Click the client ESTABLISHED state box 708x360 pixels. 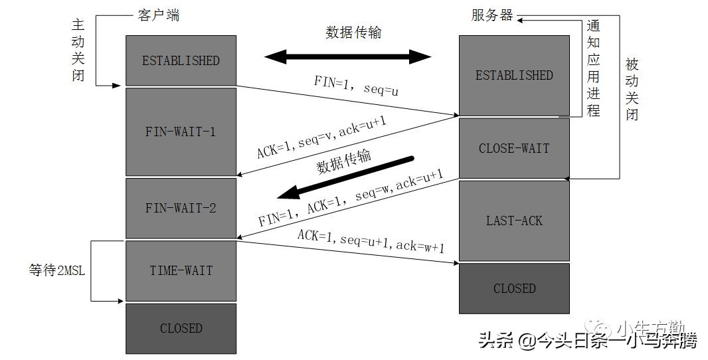[x=181, y=60]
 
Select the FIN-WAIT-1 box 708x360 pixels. [x=181, y=132]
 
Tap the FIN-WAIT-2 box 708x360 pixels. [x=181, y=208]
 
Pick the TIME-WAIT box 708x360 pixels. [x=181, y=270]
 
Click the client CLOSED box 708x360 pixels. [x=181, y=328]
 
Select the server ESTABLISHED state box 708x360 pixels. [x=514, y=75]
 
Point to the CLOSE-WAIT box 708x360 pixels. [x=514, y=148]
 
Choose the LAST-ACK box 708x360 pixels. [x=514, y=220]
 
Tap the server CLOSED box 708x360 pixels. [x=514, y=288]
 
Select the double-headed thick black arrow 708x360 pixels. [x=348, y=56]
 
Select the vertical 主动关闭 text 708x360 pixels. [x=78, y=49]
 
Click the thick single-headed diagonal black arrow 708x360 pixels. [x=345, y=177]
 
